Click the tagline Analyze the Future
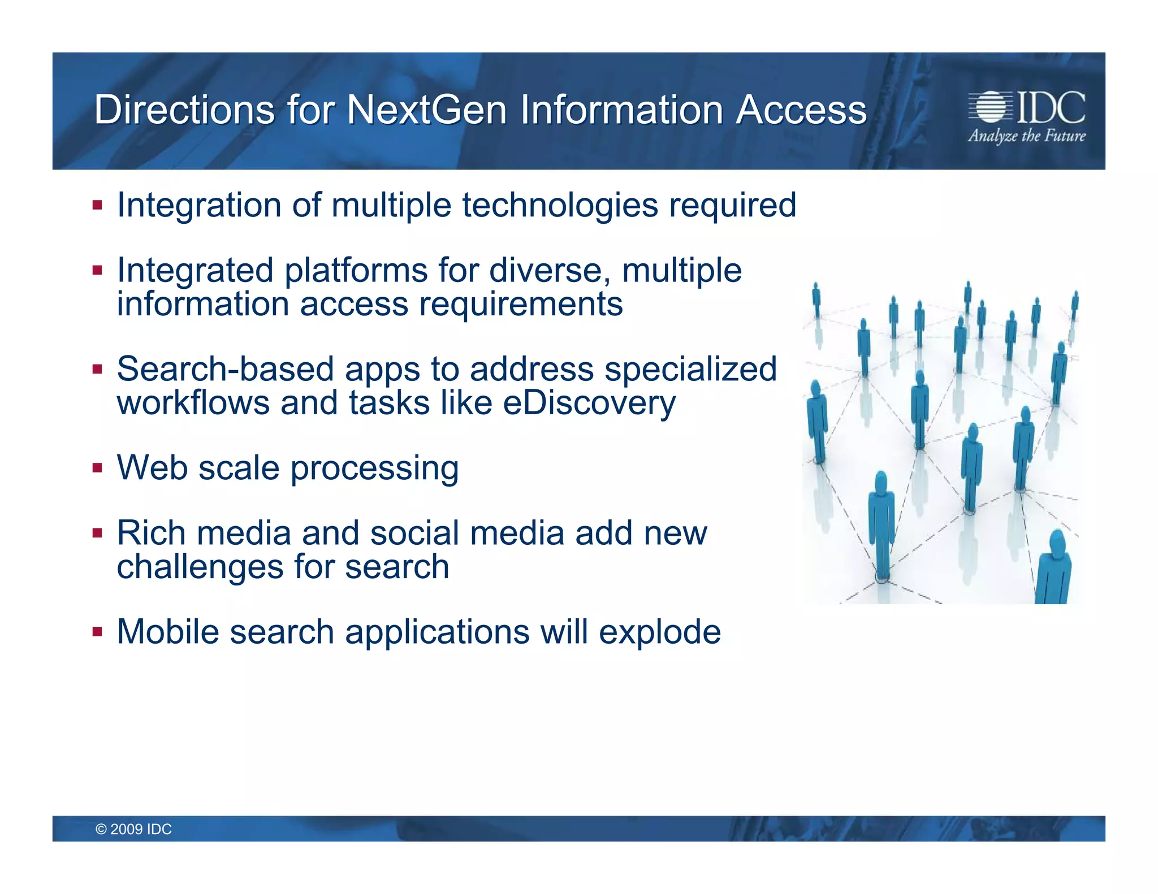1027,136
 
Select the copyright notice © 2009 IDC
133,829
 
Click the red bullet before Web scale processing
98,468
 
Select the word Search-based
225,369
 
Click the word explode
659,632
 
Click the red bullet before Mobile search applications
98,632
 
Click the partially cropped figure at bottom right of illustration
1054,571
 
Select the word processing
374,469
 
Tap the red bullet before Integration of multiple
98,205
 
